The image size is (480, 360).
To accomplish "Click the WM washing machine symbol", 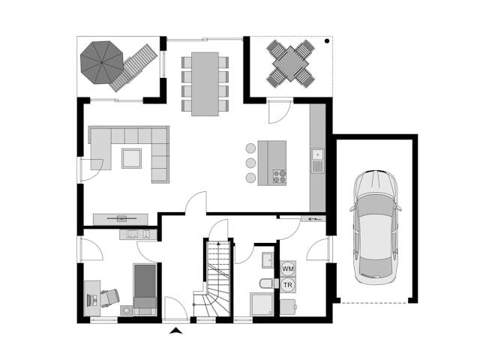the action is coord(288,268).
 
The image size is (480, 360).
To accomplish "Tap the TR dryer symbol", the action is coord(288,285).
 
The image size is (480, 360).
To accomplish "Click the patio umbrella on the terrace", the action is coord(102,62).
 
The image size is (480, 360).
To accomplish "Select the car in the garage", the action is coord(376,226).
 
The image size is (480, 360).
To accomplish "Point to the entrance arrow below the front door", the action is coord(175,330).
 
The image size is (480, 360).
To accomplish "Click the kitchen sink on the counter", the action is coord(318,160).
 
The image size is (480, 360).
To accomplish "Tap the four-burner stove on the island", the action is coord(280,177).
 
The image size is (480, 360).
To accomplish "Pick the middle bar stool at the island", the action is coord(250,163).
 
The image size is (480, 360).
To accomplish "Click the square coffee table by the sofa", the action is coord(132,158).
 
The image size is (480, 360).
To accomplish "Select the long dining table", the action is coord(205,84).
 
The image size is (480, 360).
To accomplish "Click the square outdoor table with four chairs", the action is coord(290,64).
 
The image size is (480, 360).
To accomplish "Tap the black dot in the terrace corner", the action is coord(327,40).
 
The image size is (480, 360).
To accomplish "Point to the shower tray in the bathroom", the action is coord(262,304).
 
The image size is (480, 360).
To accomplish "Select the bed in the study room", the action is coord(145,289).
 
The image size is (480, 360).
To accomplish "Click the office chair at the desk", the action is coord(109,297).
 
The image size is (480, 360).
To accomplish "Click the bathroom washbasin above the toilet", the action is coord(268,260).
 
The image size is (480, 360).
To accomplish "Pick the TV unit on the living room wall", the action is coord(120,218).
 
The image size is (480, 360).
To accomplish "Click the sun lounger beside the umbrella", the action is coord(134,67).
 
